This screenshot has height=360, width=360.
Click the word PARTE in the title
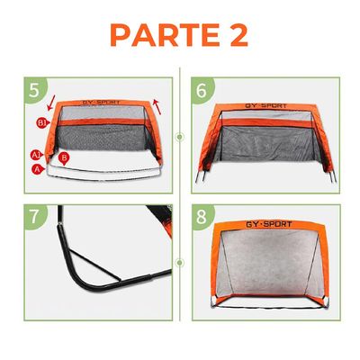click(x=157, y=37)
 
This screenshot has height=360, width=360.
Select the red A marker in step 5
click(x=37, y=167)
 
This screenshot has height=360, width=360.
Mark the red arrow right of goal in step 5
click(x=159, y=106)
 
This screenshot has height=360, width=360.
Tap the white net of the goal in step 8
click(x=269, y=274)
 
